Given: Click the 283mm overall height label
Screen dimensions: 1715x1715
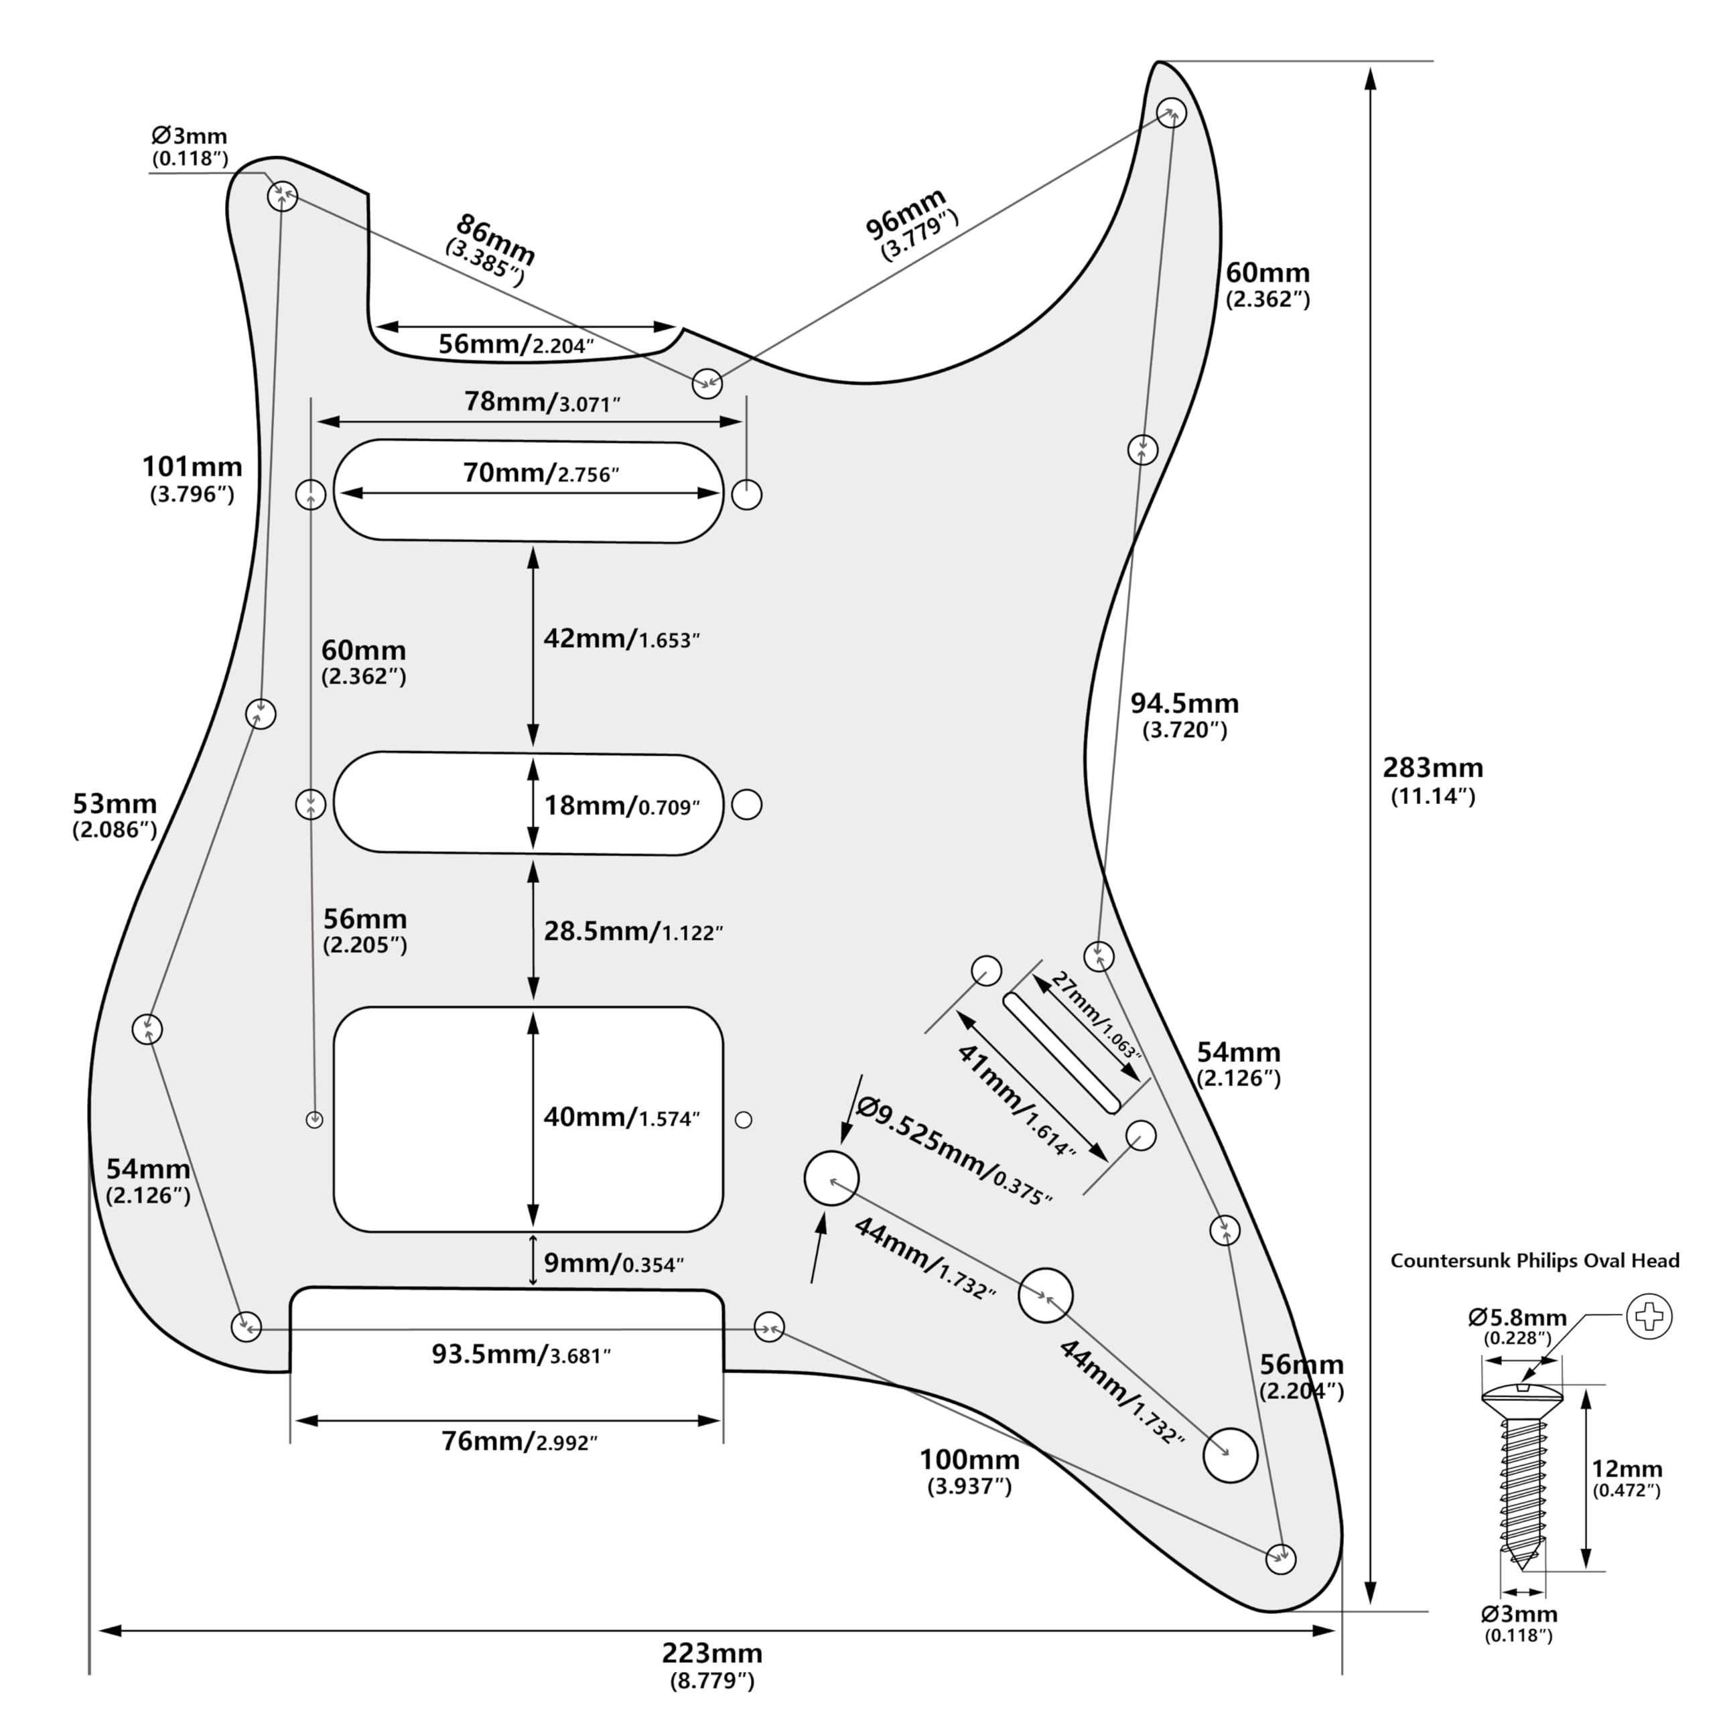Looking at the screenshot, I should (1432, 779).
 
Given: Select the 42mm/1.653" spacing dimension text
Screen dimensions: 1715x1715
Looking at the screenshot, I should (622, 638).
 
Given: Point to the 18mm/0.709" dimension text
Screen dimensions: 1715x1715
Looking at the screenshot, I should (622, 805).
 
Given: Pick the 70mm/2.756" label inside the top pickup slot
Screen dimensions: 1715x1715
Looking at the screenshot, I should (541, 473).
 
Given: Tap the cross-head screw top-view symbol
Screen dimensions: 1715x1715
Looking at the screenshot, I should (1649, 1316).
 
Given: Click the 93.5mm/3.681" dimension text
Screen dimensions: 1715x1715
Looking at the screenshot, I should (521, 1355).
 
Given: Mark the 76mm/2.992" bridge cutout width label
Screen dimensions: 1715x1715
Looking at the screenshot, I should (519, 1441).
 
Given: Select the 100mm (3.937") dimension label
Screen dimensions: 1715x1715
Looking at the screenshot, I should (969, 1472).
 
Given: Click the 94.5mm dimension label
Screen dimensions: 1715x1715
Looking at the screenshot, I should (1184, 715).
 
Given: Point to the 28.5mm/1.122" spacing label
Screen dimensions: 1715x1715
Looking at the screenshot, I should (633, 931).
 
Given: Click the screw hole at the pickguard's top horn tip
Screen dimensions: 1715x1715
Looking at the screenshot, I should (1172, 113).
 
